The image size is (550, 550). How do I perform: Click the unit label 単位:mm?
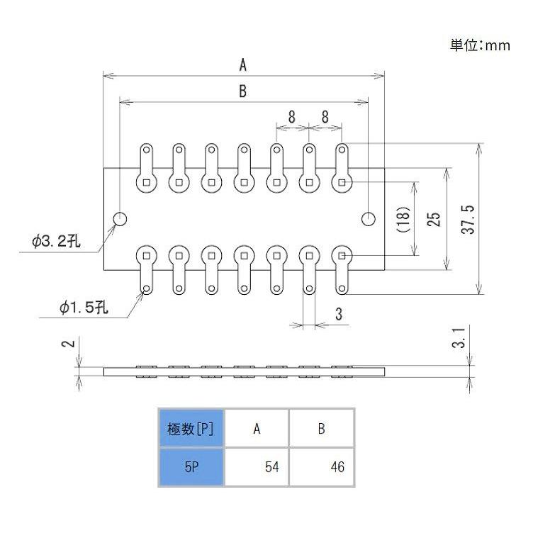tap(480, 45)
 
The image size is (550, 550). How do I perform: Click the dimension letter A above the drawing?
tap(242, 65)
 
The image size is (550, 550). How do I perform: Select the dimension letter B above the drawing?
tap(242, 91)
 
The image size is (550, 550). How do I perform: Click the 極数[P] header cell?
tap(191, 429)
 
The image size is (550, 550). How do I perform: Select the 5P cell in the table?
tap(191, 468)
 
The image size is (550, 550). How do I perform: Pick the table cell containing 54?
tap(256, 468)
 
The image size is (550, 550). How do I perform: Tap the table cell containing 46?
tap(321, 468)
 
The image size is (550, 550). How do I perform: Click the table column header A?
tap(256, 429)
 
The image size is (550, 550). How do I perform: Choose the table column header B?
tap(321, 429)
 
